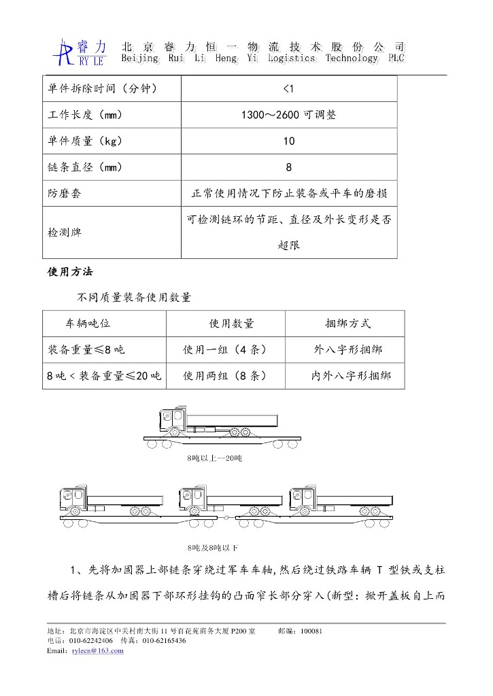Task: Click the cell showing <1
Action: pyautogui.click(x=288, y=88)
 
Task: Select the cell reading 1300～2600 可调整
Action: pyautogui.click(x=288, y=115)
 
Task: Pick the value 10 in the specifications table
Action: pyautogui.click(x=288, y=141)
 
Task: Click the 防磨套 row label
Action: pyautogui.click(x=64, y=194)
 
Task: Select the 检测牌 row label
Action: pyautogui.click(x=64, y=232)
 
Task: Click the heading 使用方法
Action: pyautogui.click(x=70, y=272)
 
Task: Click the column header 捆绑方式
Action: pyautogui.click(x=347, y=324)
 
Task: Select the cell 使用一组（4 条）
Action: pyautogui.click(x=224, y=350)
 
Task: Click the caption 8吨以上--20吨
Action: pyautogui.click(x=214, y=459)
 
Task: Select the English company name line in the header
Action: pyautogui.click(x=262, y=59)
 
